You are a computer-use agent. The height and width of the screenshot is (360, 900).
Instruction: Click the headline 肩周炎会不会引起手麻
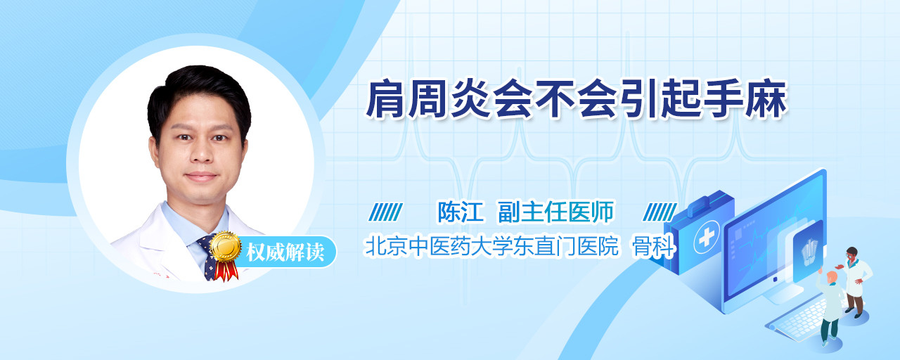click(x=576, y=99)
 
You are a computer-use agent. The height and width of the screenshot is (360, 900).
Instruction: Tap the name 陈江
click(x=460, y=212)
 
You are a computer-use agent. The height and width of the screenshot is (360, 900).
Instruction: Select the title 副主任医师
click(x=555, y=212)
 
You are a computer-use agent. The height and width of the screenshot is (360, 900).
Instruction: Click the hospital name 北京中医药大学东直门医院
click(x=491, y=245)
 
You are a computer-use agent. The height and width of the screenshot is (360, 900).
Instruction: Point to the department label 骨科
click(x=653, y=245)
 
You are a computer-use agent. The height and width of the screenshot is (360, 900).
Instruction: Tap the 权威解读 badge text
click(x=285, y=252)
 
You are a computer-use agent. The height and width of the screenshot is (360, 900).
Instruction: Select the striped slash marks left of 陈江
click(x=385, y=212)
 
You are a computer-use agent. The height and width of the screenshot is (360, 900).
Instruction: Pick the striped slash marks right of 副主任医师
click(x=660, y=212)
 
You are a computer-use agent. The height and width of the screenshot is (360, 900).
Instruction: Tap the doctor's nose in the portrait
click(x=202, y=150)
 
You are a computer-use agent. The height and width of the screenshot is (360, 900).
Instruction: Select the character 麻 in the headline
click(x=766, y=99)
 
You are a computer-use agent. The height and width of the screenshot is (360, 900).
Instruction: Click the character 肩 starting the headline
click(x=385, y=99)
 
